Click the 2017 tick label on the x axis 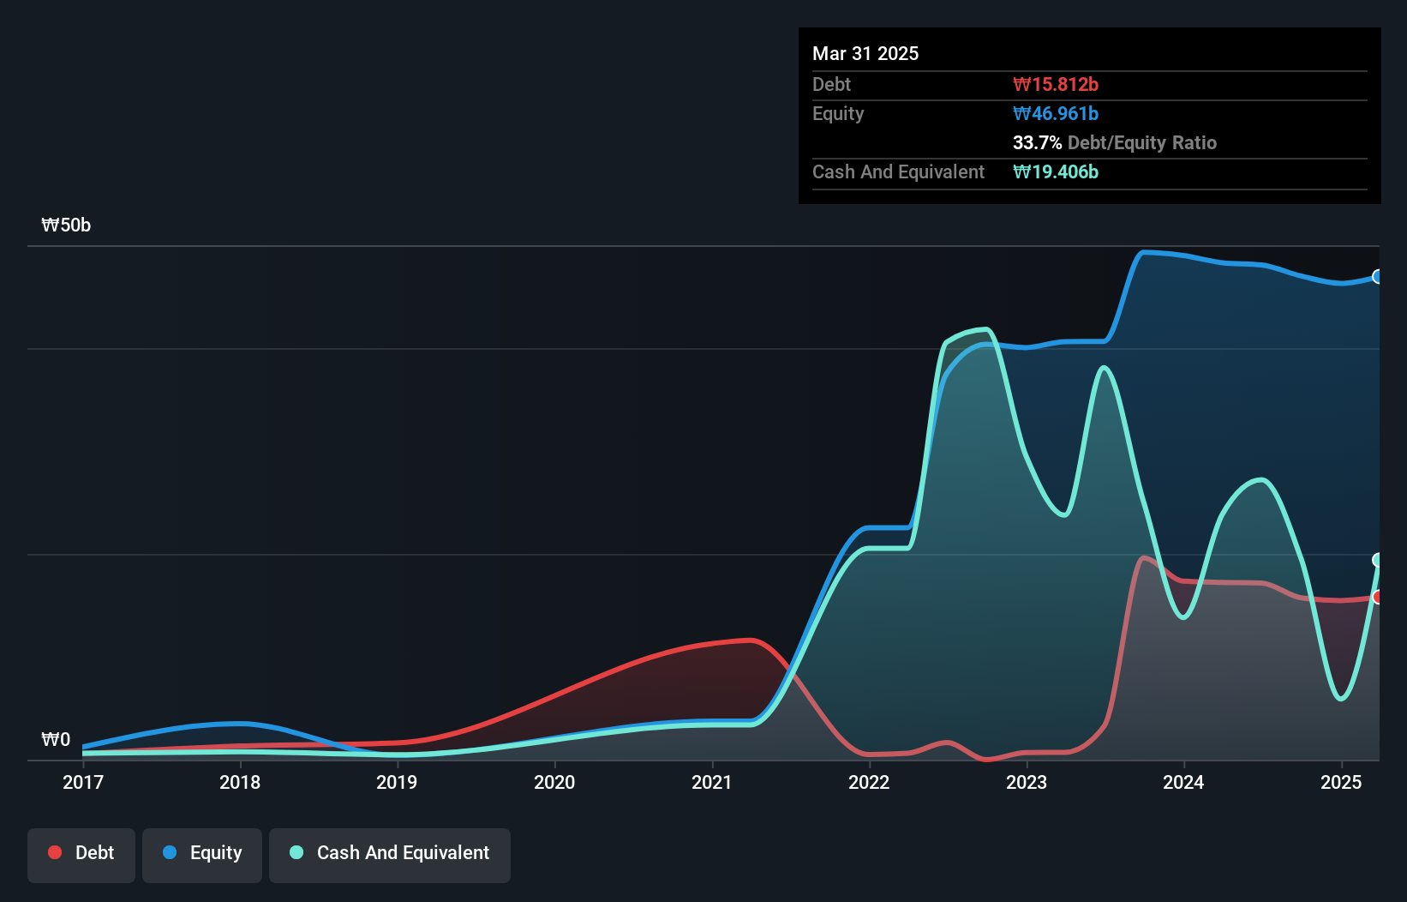[83, 782]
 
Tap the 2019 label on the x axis [397, 782]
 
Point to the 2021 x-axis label [711, 782]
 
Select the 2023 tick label [1027, 782]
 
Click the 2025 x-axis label [1341, 782]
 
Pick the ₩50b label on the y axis [66, 225]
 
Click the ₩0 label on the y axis [56, 740]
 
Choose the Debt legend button [81, 853]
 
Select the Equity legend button [202, 853]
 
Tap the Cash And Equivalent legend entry [390, 853]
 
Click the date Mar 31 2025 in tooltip [865, 53]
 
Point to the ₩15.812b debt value [1055, 84]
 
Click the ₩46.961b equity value [1055, 113]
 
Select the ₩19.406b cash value [1055, 171]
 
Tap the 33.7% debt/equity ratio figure [1037, 142]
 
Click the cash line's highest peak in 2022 [986, 329]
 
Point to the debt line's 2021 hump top [749, 640]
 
